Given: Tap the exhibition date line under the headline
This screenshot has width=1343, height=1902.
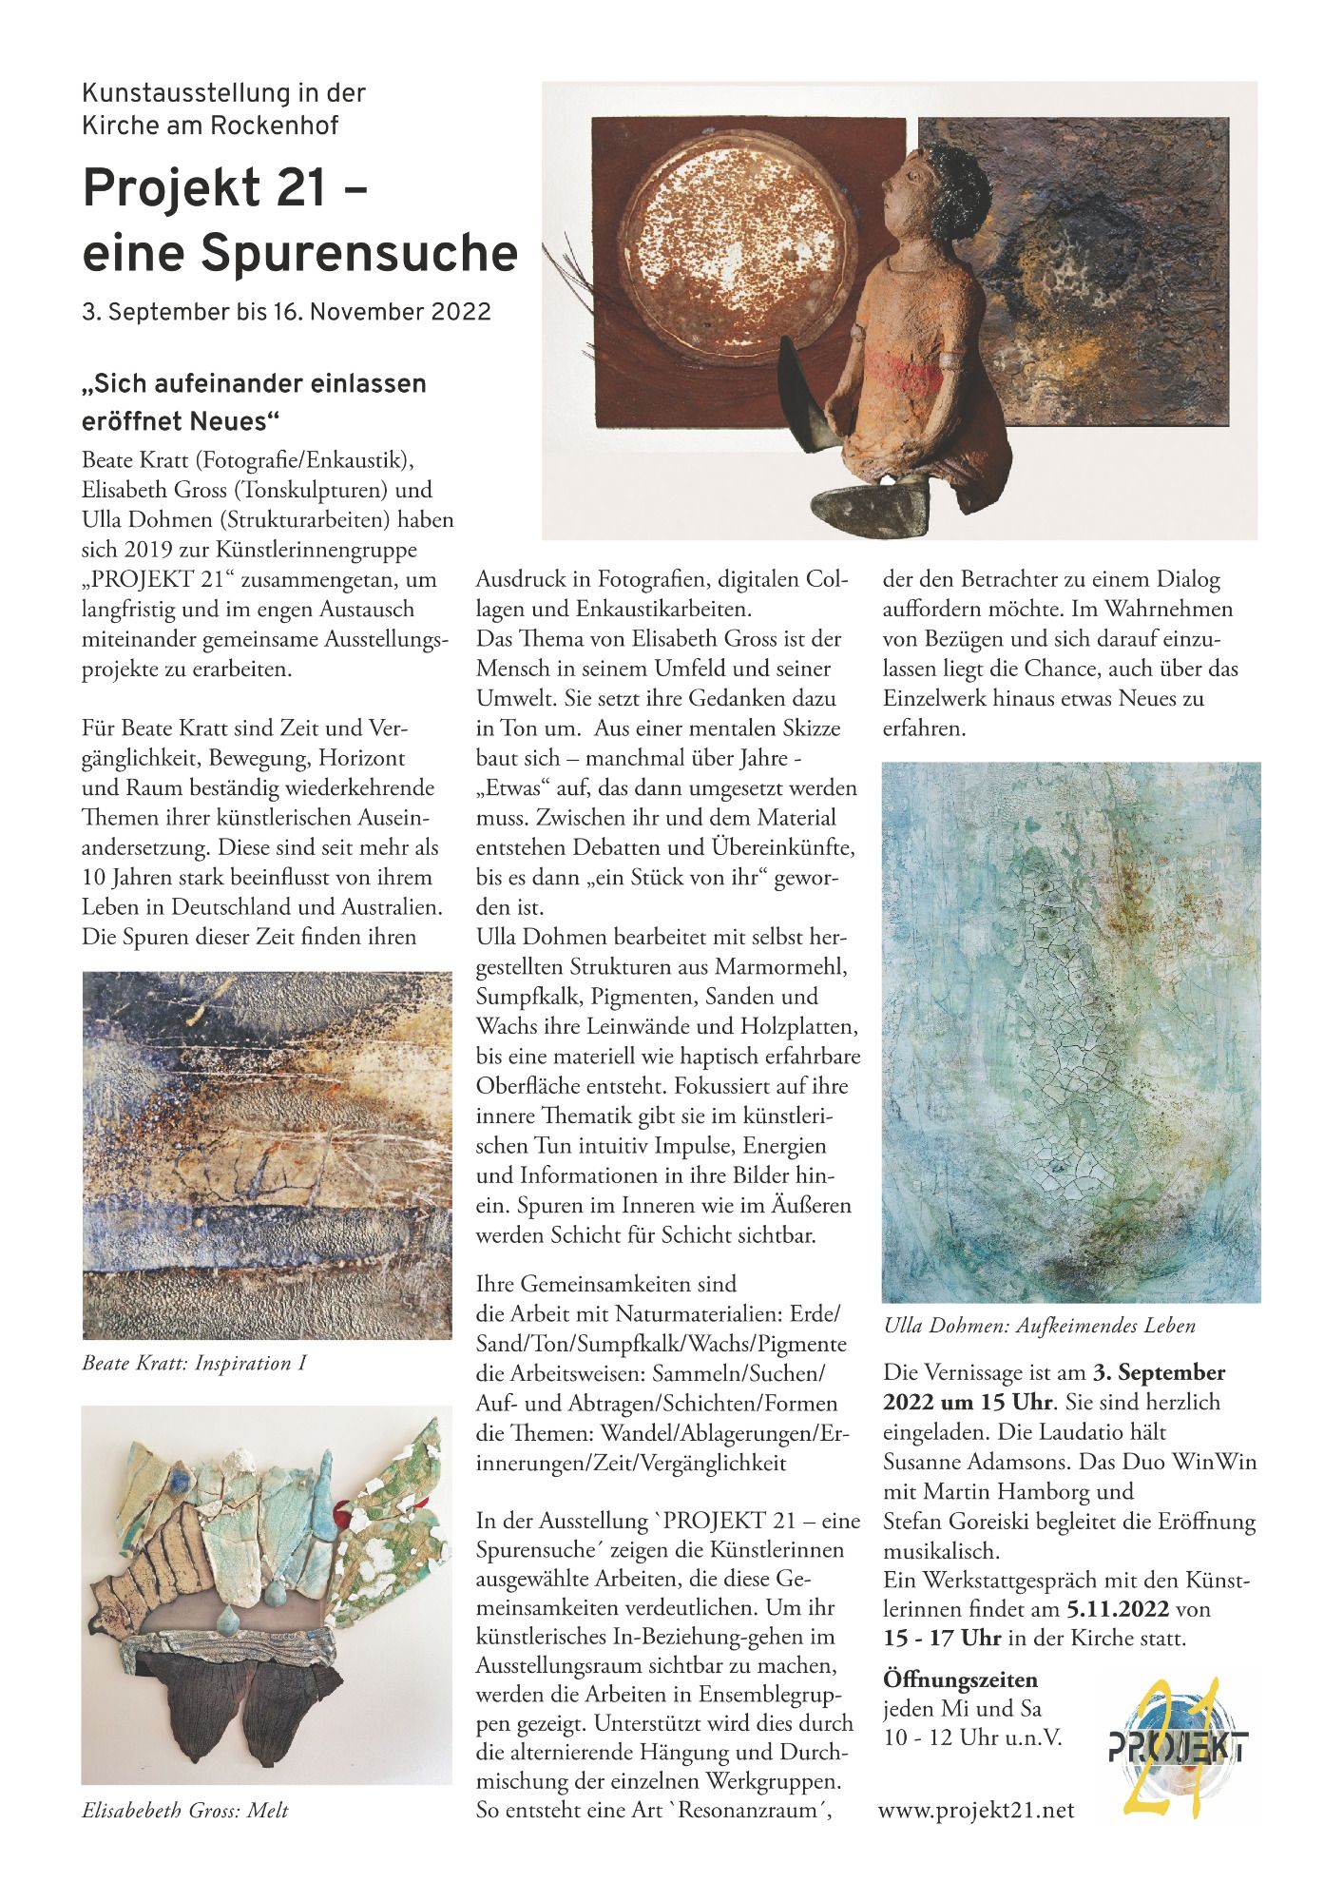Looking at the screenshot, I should [x=286, y=312].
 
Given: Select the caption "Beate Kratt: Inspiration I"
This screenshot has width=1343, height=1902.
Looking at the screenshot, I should [x=194, y=1364].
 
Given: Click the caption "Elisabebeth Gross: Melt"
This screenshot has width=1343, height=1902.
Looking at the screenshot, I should [x=185, y=1811].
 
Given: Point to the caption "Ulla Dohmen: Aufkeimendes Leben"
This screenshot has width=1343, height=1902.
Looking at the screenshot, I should [x=1038, y=1326].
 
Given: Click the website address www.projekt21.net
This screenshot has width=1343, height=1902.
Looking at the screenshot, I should [x=976, y=1810].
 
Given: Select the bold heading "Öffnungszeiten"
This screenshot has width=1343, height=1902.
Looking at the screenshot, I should [x=960, y=1680].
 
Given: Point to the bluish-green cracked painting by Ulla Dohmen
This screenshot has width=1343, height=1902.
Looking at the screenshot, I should [x=1071, y=1031].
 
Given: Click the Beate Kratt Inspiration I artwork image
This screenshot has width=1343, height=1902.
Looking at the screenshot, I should [x=267, y=1155].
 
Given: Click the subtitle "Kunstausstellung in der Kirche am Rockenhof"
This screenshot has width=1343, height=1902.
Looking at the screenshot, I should [x=224, y=109].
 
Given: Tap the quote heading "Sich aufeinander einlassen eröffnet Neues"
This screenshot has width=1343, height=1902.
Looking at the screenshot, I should [x=254, y=402].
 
